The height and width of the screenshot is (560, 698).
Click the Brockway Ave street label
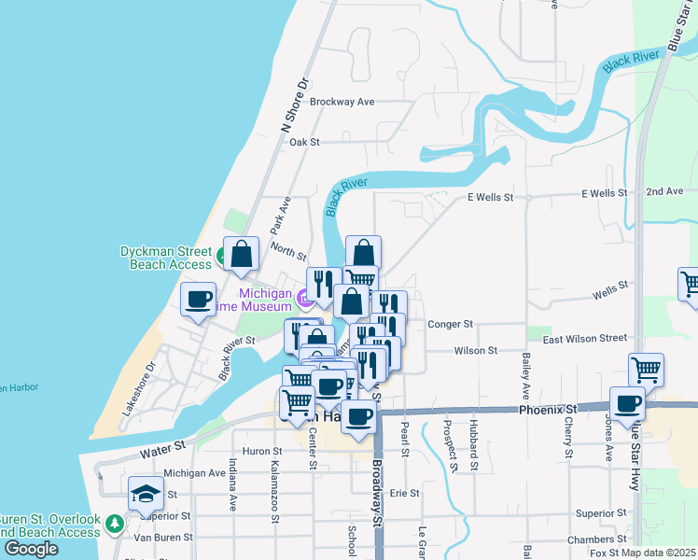click(342, 102)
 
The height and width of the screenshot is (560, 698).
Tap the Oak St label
click(304, 142)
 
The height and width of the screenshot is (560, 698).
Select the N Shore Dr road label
click(294, 103)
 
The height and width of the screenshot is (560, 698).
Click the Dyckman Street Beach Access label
click(166, 258)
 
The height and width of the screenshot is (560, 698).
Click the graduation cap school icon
click(146, 495)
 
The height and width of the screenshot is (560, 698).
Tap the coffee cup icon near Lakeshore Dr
click(198, 300)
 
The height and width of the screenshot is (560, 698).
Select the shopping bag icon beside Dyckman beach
click(242, 253)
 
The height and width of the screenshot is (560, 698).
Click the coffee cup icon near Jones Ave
click(628, 404)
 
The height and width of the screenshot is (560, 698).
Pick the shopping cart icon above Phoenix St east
click(646, 370)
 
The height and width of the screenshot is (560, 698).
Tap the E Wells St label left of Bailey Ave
click(490, 197)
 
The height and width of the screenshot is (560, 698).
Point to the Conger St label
click(451, 324)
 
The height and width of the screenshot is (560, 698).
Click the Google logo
click(31, 549)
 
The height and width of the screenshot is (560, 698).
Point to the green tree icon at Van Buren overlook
click(115, 525)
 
